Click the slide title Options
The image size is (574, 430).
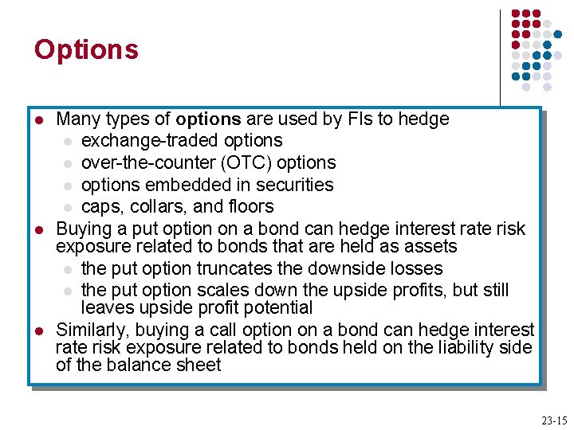(86, 49)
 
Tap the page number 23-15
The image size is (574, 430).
(553, 420)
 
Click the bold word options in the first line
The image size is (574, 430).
(208, 119)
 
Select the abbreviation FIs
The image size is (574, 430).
(360, 119)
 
